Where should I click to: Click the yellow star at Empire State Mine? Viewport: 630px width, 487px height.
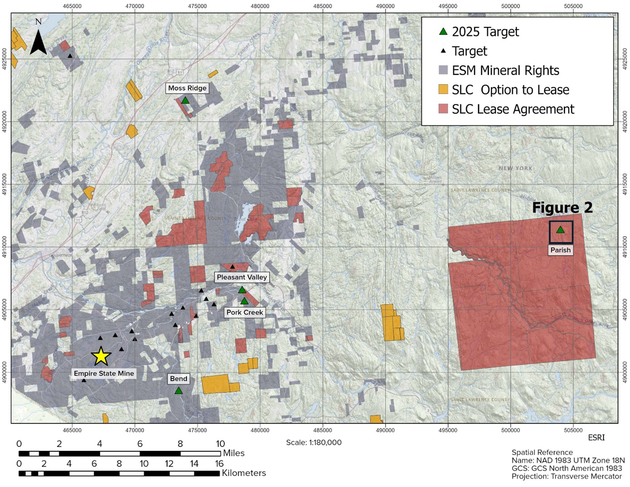(101, 356)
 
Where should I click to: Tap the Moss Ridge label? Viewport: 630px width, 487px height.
(187, 88)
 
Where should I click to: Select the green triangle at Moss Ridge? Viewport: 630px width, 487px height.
(185, 100)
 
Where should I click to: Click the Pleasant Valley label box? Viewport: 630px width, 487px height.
(241, 277)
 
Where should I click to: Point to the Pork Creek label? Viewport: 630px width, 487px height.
(245, 312)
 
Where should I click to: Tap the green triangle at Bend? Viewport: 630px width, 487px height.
(178, 390)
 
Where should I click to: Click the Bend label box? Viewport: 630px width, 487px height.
(178, 379)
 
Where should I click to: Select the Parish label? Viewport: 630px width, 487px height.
(560, 250)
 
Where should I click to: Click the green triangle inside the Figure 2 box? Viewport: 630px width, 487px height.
(560, 230)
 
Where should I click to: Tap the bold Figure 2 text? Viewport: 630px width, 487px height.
(562, 208)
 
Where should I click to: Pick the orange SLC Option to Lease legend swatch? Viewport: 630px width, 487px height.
(443, 89)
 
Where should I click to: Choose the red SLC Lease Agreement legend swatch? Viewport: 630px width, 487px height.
(443, 109)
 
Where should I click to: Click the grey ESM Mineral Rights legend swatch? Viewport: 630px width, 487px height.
(443, 70)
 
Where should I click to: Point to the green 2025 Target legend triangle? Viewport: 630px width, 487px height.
(443, 31)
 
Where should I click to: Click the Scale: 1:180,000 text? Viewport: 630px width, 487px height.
(314, 442)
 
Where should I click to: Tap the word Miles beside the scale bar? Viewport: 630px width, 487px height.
(233, 453)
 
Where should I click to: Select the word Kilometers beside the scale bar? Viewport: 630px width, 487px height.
(244, 473)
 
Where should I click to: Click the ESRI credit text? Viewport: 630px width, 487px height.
(596, 438)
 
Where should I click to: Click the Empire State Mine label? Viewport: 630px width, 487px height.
(104, 373)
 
